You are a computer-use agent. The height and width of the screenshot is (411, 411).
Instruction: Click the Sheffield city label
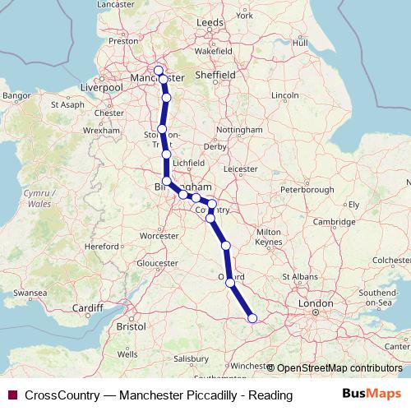pyautogui.click(x=237, y=73)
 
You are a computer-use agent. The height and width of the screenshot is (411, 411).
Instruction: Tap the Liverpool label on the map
pyautogui.click(x=103, y=86)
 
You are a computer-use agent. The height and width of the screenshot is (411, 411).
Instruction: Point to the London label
pyautogui.click(x=316, y=303)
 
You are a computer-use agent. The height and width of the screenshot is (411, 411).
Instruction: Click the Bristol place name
pyautogui.click(x=132, y=326)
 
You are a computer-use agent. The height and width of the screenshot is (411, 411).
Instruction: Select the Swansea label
pyautogui.click(x=29, y=292)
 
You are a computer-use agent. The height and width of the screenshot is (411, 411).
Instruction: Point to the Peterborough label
pyautogui.click(x=290, y=190)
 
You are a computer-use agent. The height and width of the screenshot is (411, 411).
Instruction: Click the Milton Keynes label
pyautogui.click(x=270, y=238)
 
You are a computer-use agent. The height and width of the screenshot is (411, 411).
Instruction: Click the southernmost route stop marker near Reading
pyautogui.click(x=252, y=318)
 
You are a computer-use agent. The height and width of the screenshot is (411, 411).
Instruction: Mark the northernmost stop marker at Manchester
pyautogui.click(x=159, y=70)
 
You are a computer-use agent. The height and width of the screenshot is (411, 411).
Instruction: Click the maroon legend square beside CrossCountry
pyautogui.click(x=12, y=395)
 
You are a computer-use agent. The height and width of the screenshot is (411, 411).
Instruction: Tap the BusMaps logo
pyautogui.click(x=377, y=395)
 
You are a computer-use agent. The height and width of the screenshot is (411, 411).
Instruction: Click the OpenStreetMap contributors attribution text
pyautogui.click(x=339, y=368)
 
